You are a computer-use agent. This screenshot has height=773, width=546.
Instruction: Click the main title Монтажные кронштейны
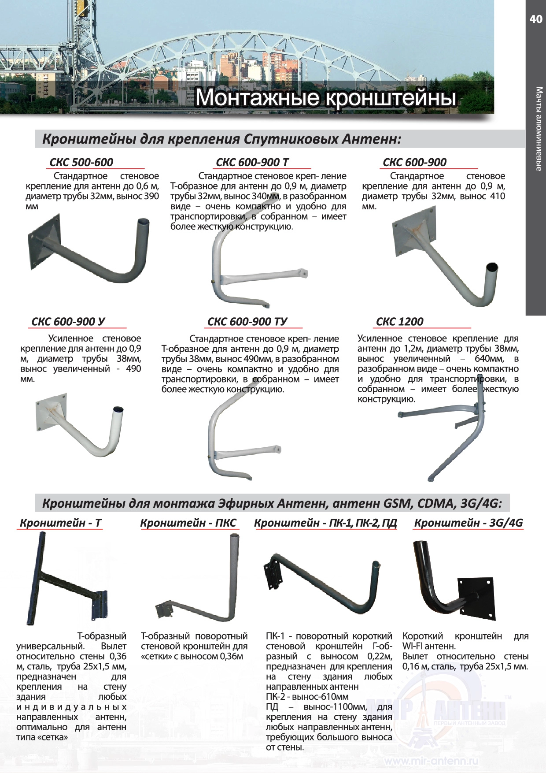325,97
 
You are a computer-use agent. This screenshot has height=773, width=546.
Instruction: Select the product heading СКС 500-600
81,162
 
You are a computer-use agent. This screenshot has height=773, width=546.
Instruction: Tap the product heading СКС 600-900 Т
252,162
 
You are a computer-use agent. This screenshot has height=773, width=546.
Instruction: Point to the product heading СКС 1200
399,322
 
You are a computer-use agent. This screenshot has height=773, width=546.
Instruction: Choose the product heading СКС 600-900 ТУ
247,322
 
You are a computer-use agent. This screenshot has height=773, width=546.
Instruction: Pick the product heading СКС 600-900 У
68,322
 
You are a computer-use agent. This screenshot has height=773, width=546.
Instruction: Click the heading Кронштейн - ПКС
188,523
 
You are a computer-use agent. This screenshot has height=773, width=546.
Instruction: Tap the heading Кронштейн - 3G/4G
469,523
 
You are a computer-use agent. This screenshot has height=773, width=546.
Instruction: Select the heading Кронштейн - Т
61,523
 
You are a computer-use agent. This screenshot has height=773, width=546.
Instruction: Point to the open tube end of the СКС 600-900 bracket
492,267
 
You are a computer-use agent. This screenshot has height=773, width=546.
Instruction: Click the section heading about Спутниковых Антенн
221,139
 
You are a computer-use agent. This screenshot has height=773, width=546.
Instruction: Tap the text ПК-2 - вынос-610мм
307,697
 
